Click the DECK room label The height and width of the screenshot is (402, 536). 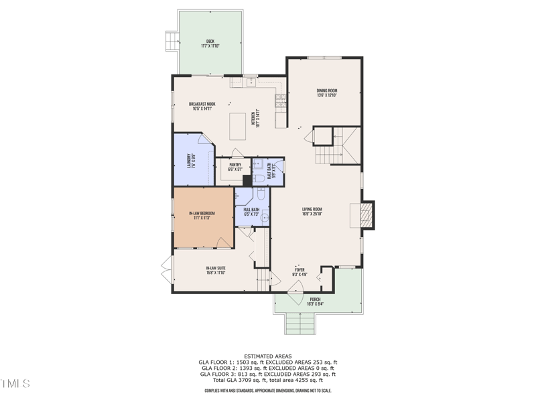[210, 41]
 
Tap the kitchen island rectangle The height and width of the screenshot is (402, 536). [238, 125]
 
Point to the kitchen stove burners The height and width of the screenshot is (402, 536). [280, 101]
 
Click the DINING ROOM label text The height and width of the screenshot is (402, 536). [327, 90]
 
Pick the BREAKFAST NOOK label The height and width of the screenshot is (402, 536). [202, 104]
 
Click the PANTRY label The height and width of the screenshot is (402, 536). [234, 165]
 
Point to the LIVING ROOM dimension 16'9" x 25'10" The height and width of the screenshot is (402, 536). [312, 214]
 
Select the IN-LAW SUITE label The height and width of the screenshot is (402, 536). [216, 268]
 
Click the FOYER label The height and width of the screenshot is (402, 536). [299, 269]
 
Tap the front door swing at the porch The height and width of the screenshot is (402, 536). [295, 288]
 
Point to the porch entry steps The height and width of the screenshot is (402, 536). [300, 324]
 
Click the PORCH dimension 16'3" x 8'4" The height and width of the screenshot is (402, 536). [315, 304]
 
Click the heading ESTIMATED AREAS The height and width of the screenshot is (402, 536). [267, 356]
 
